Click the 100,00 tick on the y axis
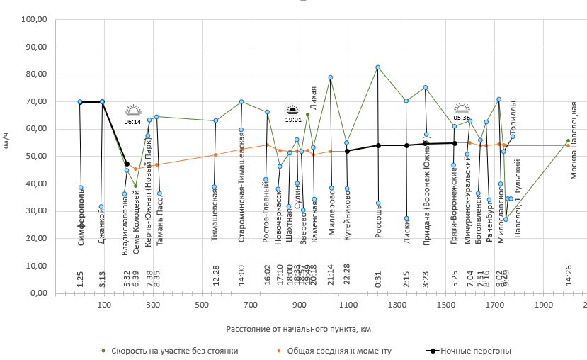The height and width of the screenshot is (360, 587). point(33,20)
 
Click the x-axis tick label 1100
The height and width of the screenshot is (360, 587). point(348,305)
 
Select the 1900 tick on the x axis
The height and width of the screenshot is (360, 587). point(543,305)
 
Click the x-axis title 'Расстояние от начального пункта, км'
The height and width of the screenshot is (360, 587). point(299,329)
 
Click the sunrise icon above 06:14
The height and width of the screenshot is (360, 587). point(133,111)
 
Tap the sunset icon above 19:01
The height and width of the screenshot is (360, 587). point(292,110)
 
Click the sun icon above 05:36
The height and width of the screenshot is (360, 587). point(462,108)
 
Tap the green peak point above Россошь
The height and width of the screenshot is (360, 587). point(377,67)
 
